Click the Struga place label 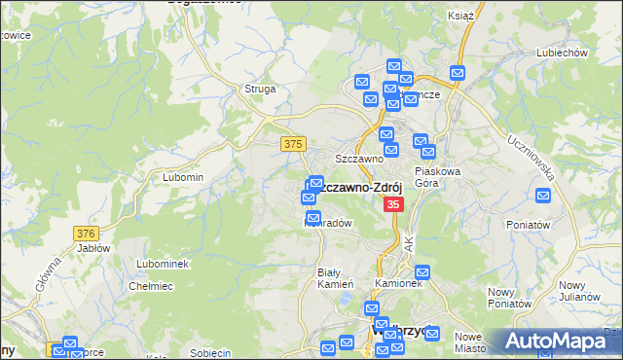261,89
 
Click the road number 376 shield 87,234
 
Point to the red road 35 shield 393,204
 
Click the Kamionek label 398,283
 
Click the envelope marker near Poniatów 544,196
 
